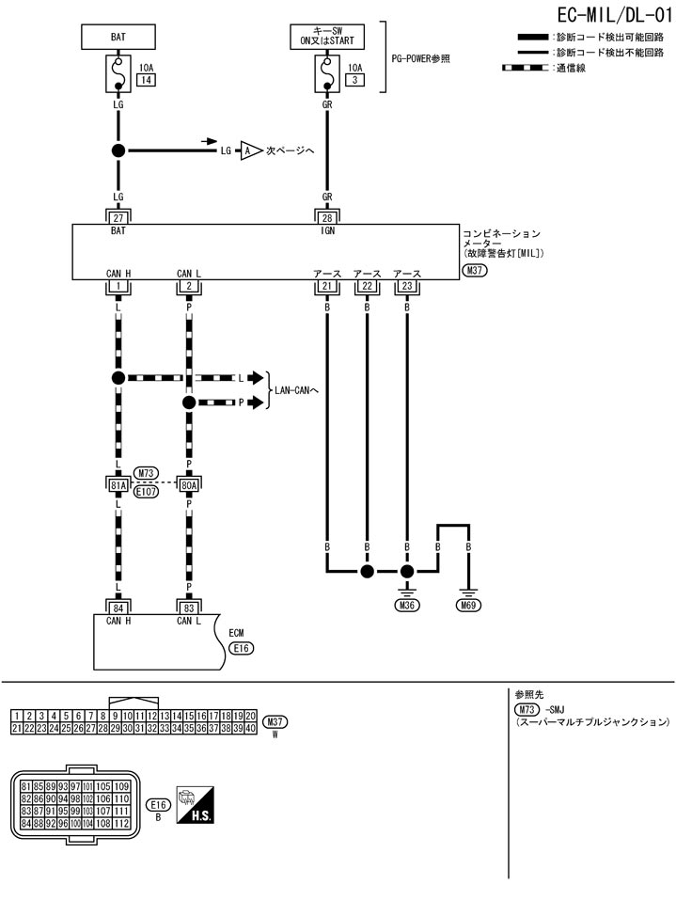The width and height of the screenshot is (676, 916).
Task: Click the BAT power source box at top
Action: click(118, 38)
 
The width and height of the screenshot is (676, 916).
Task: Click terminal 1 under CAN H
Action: click(118, 286)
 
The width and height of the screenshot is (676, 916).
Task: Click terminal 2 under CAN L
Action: click(189, 286)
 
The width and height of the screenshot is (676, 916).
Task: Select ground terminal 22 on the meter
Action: click(367, 286)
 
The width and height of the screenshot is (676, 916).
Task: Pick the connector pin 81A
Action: click(118, 484)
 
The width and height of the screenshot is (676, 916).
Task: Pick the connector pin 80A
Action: click(189, 484)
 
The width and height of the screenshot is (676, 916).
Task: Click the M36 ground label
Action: click(407, 606)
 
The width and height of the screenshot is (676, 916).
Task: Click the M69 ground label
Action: click(467, 606)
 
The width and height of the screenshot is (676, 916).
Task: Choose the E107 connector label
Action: click(146, 492)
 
